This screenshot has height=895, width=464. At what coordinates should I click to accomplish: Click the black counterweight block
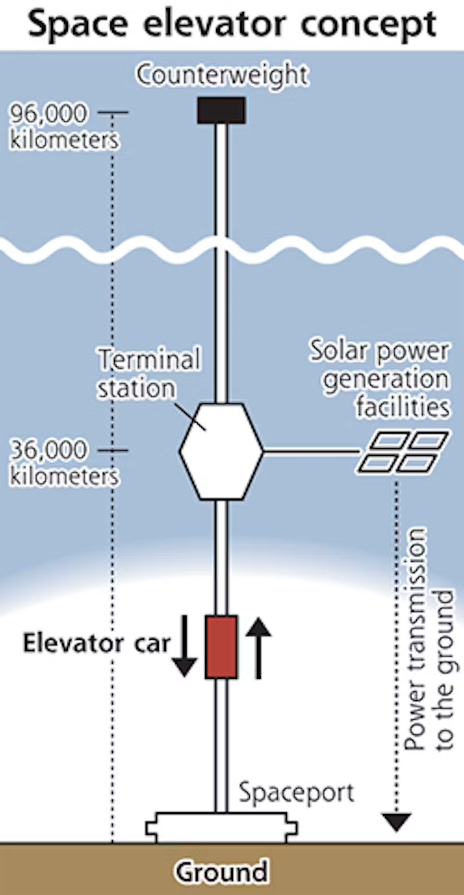pos(221,110)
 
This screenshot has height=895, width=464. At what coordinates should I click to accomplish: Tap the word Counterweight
pos(222,75)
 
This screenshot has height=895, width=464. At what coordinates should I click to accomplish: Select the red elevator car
pos(221,647)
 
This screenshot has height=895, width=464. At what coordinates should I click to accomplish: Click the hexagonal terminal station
pos(221,451)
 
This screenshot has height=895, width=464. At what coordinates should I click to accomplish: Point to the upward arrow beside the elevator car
pos(258,648)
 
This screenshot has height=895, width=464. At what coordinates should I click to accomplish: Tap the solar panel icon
pos(402,453)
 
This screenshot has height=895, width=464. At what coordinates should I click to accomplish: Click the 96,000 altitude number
pos(49,114)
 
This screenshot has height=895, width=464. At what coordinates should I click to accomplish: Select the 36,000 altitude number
pos(49,450)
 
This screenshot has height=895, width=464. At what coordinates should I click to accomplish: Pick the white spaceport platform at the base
pos(221,828)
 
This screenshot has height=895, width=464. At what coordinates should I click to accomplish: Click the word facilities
pos(403,407)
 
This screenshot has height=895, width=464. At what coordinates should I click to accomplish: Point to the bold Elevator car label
pos(97,643)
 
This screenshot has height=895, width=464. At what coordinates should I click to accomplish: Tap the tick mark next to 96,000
pos(112,112)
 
